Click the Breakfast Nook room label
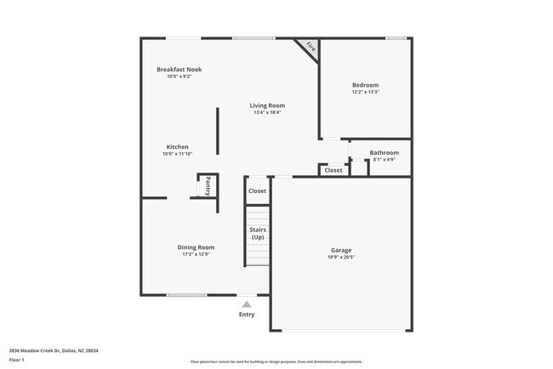pos(179,69)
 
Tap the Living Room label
pos(266,105)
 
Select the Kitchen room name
pos(177,147)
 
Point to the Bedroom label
pos(366,85)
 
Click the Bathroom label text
pos(384,153)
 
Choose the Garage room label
pos(341,250)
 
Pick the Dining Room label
pos(195,247)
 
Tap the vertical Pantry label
pos(207,186)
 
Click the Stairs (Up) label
pos(257,233)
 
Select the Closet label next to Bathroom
pos(334,170)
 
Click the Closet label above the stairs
pos(257,190)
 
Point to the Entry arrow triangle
pos(247,303)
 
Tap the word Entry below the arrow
pos(247,315)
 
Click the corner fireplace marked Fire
pos(308,48)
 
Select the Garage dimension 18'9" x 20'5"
pos(341,258)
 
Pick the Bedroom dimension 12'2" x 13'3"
pos(366,93)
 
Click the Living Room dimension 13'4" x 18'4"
pos(266,112)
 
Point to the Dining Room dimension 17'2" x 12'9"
pos(195,254)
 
